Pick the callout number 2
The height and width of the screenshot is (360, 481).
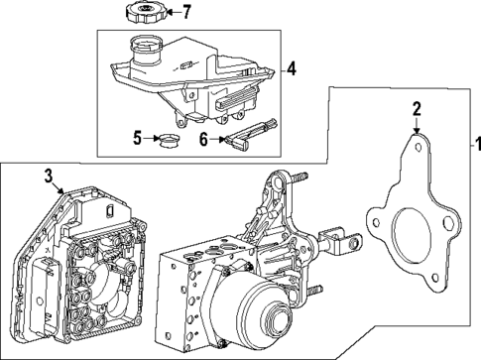(x=418, y=109)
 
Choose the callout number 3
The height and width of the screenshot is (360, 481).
(x=47, y=177)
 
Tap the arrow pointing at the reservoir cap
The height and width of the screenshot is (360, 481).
(x=165, y=13)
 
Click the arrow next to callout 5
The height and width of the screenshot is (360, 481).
(x=152, y=138)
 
